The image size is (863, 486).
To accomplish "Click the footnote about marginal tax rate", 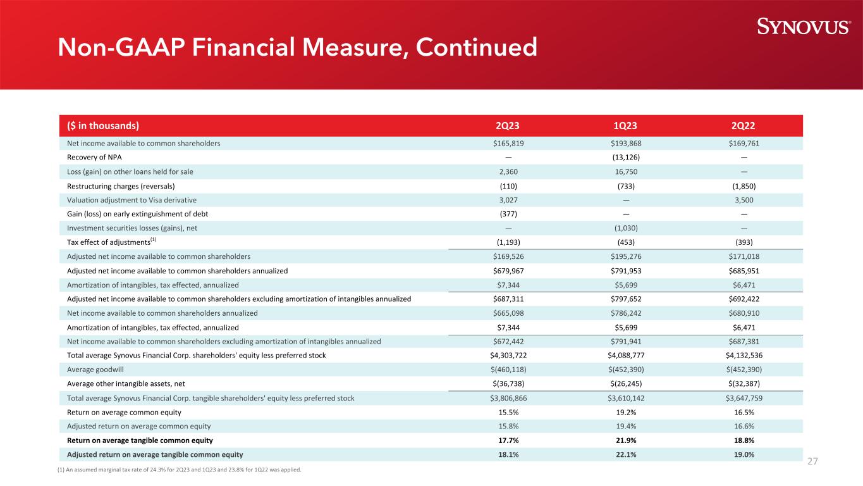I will (x=184, y=470).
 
